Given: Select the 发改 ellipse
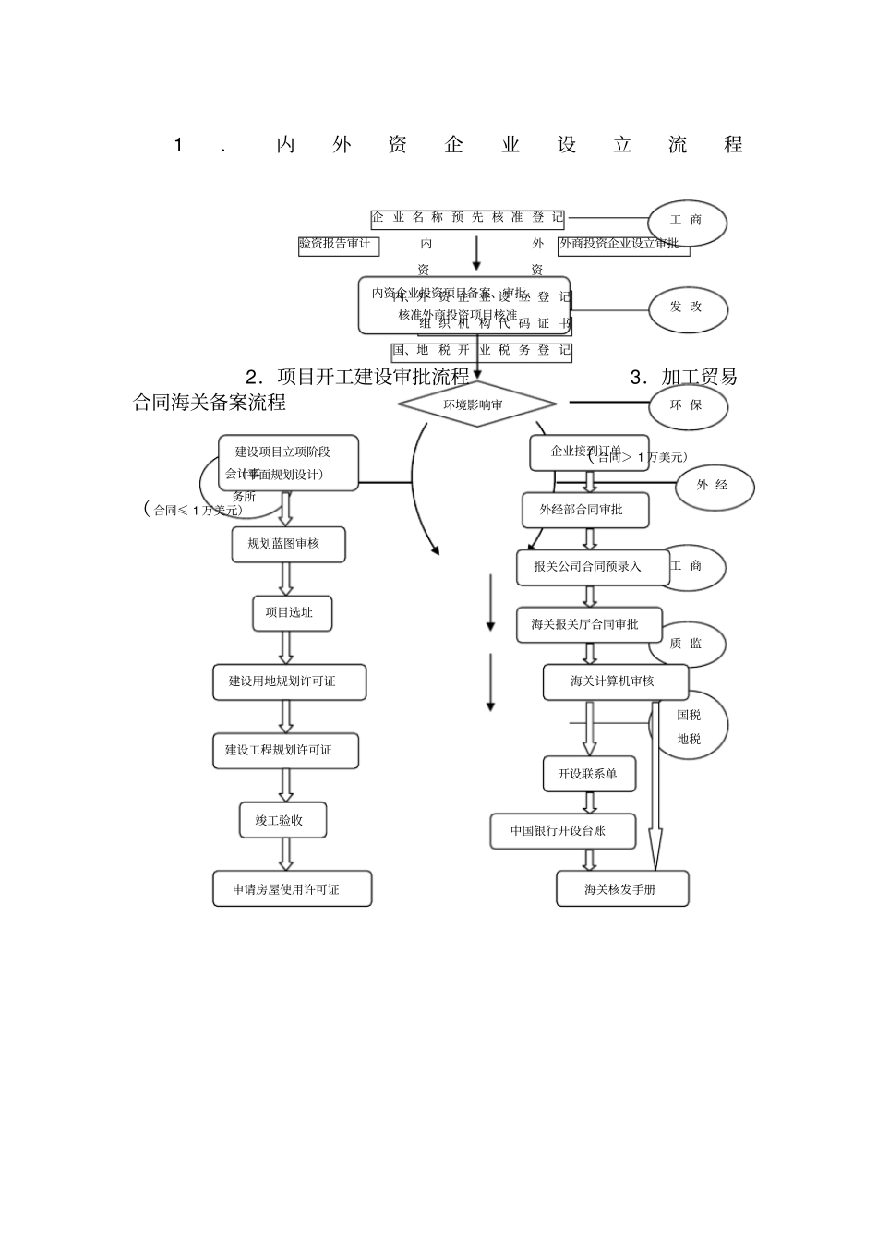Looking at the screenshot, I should (687, 307).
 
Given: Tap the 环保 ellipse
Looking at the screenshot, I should (687, 405).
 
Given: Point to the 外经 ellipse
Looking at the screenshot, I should (713, 486).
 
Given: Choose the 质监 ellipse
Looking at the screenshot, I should (687, 644).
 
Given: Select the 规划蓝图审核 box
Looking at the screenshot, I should (288, 544).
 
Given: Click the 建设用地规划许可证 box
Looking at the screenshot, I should (289, 681).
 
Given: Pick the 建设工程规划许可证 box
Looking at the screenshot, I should (285, 751).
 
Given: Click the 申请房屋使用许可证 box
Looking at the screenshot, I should (292, 889).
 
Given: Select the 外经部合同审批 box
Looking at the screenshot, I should (587, 510).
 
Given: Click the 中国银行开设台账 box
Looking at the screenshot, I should (562, 831).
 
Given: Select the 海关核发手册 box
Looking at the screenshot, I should (622, 889).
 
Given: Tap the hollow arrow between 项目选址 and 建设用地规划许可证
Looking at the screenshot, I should (286, 647).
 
